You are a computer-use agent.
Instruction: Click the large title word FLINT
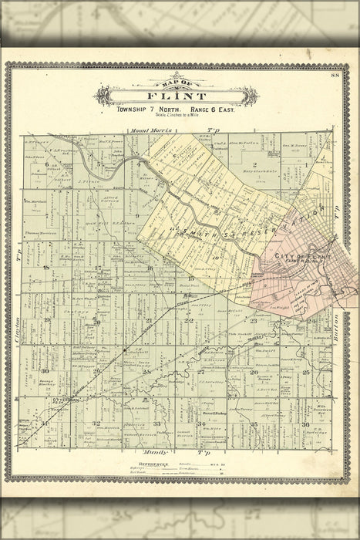(x=179, y=97)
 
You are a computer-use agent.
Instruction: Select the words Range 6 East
(x=212, y=110)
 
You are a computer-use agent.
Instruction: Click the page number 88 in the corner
(x=334, y=75)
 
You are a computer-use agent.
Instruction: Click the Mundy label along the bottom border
(x=155, y=450)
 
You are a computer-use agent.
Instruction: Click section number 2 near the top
(x=254, y=165)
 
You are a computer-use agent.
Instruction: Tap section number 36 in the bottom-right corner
(x=306, y=424)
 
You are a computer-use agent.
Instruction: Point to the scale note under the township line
(x=179, y=116)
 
